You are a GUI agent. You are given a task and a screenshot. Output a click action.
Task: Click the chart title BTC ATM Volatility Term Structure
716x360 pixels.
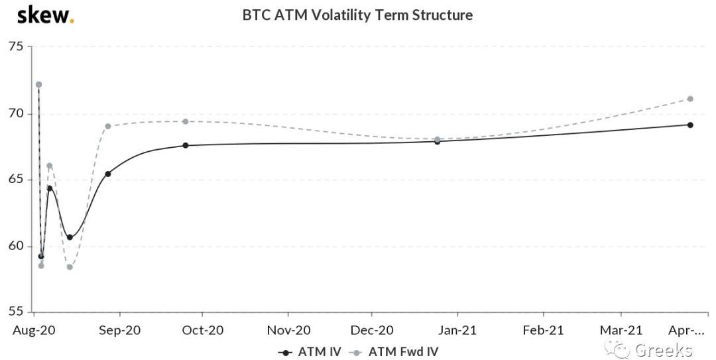coord(357,15)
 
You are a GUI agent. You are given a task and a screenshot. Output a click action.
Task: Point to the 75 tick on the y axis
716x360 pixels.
coord(15,46)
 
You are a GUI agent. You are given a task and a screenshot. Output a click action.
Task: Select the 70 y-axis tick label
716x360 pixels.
coord(15,113)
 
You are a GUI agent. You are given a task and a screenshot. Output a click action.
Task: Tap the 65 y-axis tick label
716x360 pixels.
coord(15,180)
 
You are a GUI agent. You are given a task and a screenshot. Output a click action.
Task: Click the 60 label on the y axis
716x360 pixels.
coord(15,246)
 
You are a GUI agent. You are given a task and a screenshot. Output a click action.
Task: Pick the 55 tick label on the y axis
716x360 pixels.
coord(15,312)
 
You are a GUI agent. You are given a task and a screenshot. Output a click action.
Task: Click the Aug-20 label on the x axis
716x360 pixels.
coord(34,330)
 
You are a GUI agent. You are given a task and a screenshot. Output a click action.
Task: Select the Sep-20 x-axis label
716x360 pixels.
coord(120,330)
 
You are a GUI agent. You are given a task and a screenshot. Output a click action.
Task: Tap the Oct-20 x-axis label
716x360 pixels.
coord(203,330)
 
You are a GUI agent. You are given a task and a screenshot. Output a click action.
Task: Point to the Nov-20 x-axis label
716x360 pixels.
coord(289,330)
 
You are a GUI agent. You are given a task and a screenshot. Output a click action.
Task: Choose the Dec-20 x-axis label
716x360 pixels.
coord(372,330)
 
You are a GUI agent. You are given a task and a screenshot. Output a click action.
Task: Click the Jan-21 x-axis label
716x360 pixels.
coord(457,330)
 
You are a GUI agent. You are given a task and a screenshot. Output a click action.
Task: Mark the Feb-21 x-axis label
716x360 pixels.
coord(543,330)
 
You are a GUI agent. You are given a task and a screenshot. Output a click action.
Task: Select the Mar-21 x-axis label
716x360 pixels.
coord(621,330)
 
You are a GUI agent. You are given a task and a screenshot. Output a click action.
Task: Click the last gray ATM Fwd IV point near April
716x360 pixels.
coord(690,99)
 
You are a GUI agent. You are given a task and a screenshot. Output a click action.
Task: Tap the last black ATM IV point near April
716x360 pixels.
coord(690,125)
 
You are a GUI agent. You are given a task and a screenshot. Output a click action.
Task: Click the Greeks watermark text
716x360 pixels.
coord(664,350)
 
